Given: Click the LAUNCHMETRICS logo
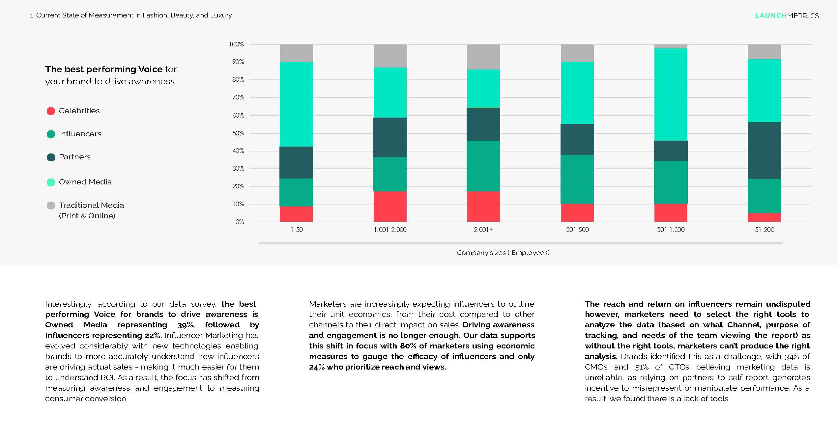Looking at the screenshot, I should pos(787,15).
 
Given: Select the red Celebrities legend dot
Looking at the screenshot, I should pos(51,111).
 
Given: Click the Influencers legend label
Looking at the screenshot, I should pos(80,134).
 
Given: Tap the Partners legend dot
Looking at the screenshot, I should pos(51,157).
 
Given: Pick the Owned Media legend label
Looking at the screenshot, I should pos(85,182).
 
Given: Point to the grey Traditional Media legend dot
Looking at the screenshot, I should pos(51,206).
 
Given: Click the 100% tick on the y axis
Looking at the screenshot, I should pos(236,44).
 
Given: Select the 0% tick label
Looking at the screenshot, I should pos(239,222).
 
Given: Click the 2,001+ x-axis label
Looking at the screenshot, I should pos(483,230).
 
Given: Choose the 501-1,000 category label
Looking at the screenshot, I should pos(671,230).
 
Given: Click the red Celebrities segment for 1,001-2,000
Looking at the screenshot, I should pos(390,207).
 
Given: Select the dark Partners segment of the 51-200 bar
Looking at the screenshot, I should pos(764,151).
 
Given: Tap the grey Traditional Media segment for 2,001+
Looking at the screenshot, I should pos(483,57).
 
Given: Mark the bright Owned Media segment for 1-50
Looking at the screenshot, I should pos(296,104).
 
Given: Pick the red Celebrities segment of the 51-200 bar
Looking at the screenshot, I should pos(764,217).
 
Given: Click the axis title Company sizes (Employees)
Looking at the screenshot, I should pos(503,253).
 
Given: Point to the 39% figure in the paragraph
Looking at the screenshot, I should pos(186,325).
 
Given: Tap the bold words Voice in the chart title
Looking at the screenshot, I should pos(150,69).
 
